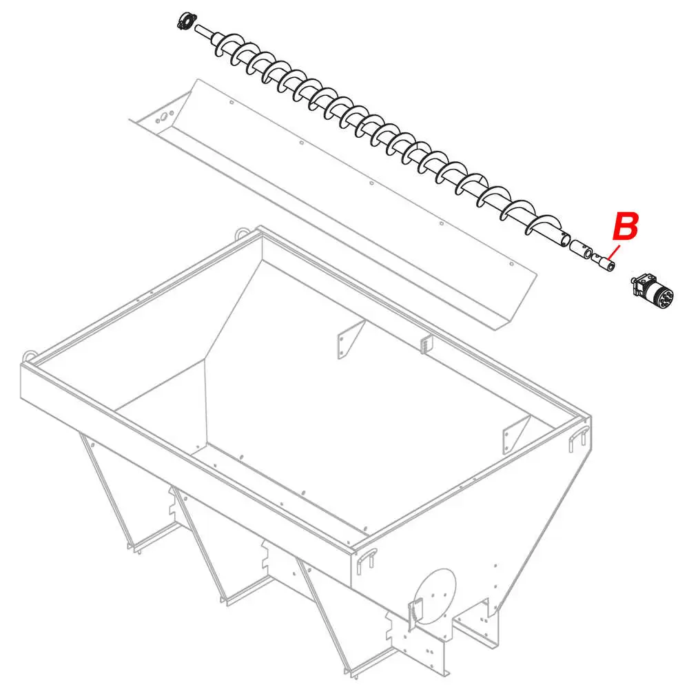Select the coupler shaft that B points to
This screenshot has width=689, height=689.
(606, 263)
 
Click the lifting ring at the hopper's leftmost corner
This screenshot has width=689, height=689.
(29, 356)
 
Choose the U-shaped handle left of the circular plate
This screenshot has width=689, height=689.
(367, 556)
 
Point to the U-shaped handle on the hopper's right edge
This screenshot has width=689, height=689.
(577, 439)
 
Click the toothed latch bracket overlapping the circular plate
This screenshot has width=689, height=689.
(415, 610)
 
